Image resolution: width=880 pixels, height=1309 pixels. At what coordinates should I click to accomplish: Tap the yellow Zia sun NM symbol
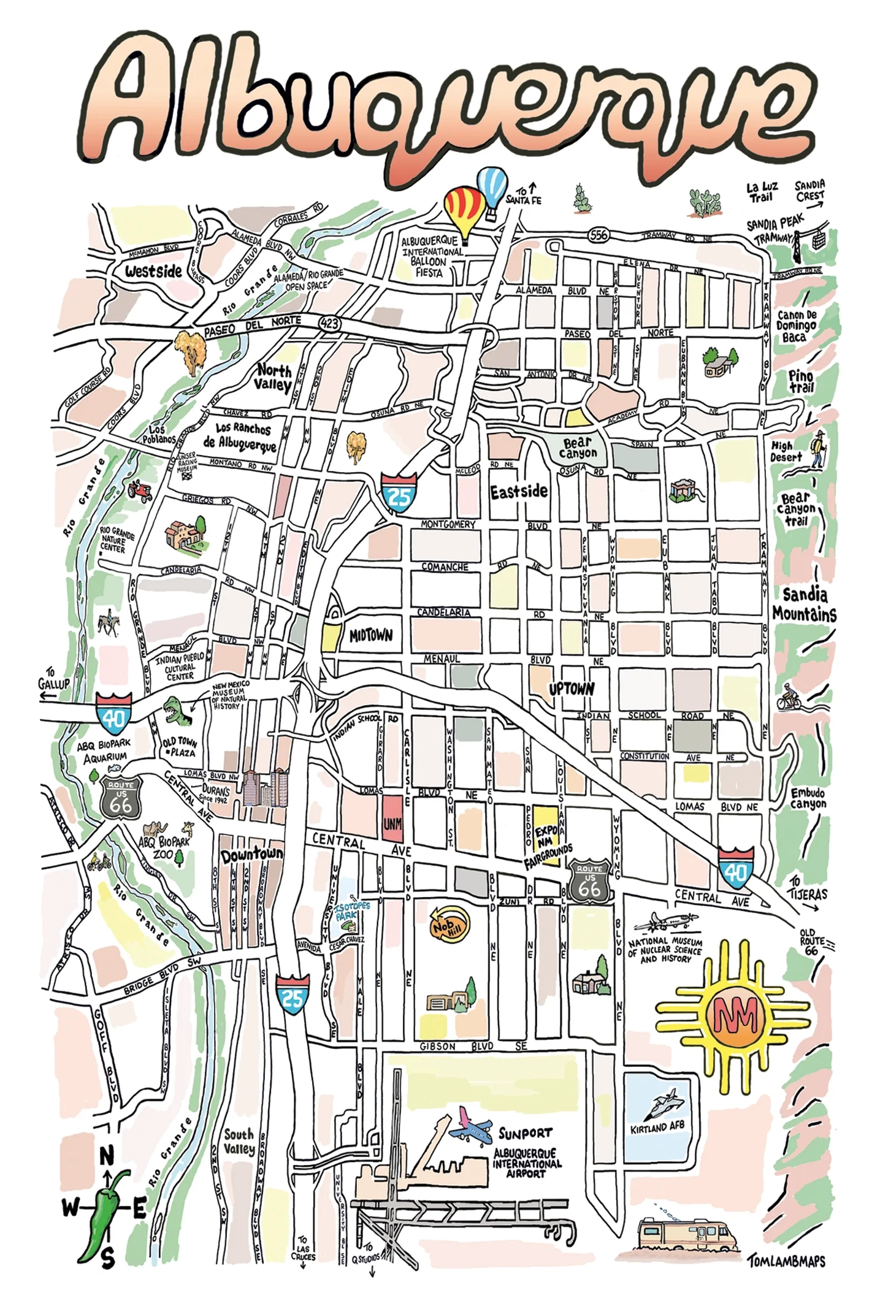[734, 1018]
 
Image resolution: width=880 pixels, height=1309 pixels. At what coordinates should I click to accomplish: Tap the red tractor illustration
[140, 490]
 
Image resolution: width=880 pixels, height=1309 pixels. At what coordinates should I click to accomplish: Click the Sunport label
[525, 1133]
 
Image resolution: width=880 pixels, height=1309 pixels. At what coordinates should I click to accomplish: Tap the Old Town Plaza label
[180, 747]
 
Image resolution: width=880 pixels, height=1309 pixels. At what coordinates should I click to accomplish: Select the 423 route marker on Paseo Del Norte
[329, 323]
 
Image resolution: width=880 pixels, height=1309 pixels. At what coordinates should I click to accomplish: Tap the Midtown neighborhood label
[370, 636]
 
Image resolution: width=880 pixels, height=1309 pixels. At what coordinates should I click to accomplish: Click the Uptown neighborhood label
[571, 689]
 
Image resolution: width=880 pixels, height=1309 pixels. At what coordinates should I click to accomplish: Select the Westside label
[153, 270]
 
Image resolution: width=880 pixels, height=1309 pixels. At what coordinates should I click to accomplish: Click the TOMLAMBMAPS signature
[786, 1261]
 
